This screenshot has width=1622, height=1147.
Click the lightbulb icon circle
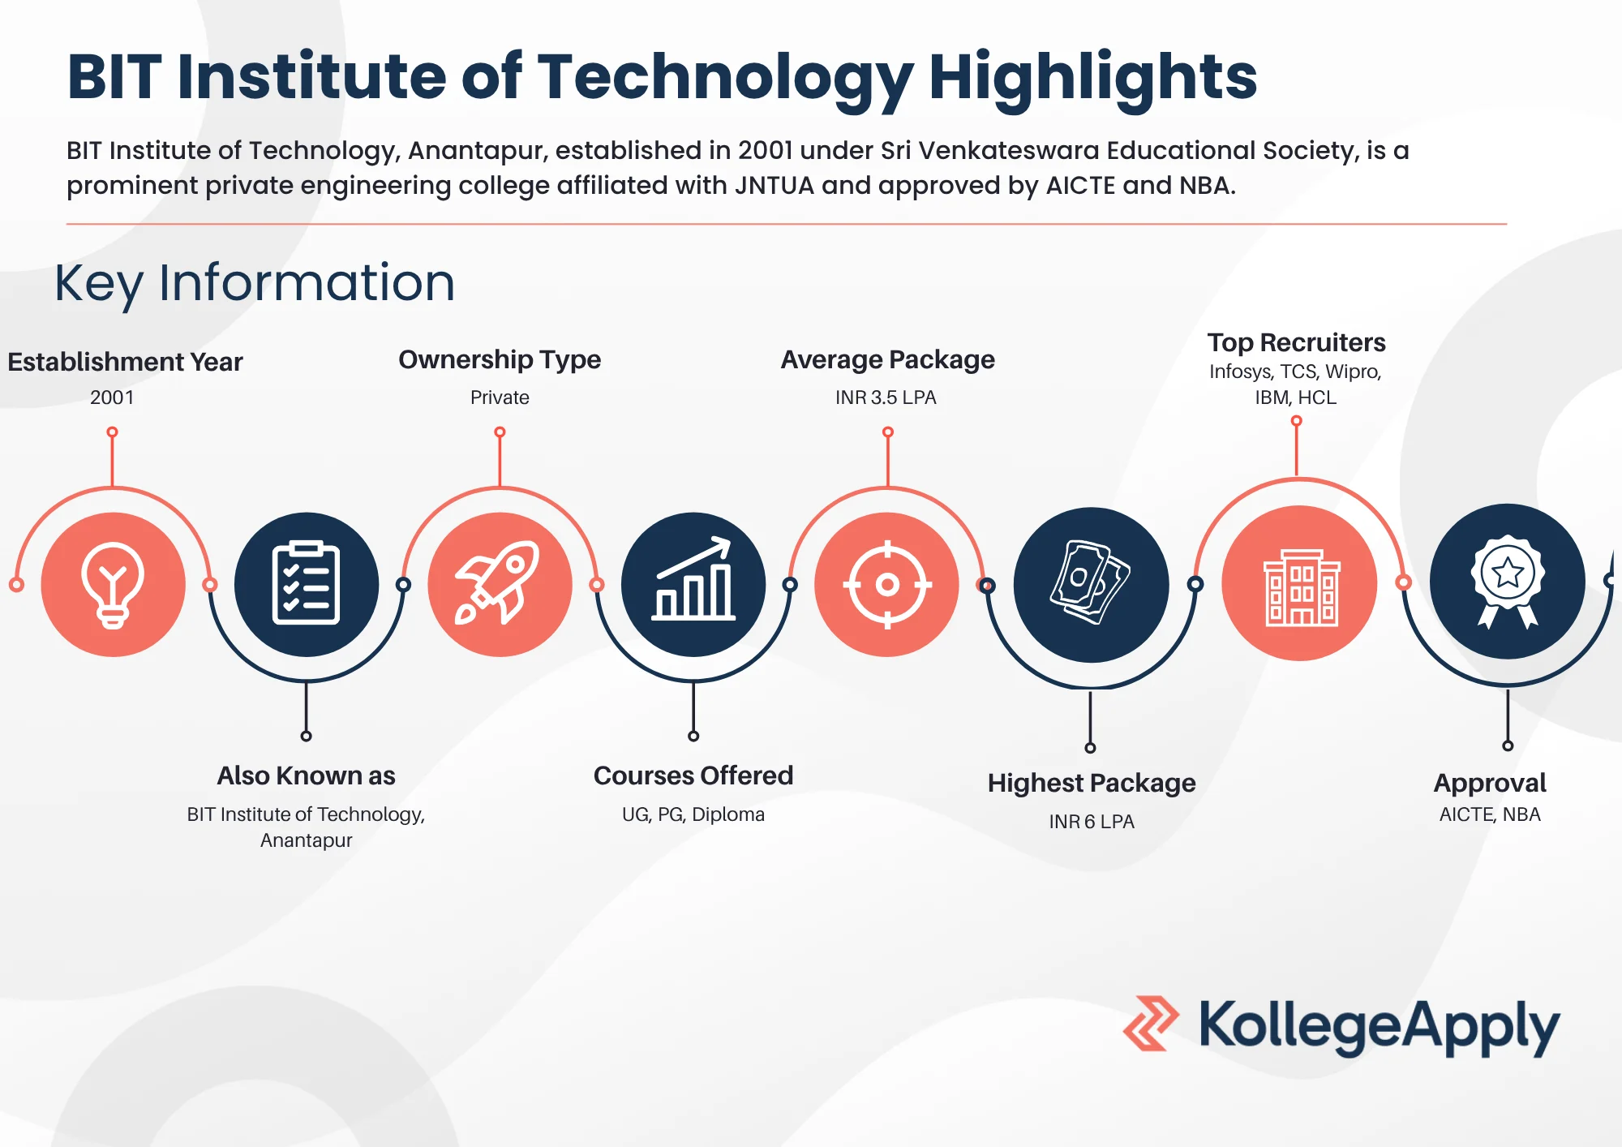tap(113, 584)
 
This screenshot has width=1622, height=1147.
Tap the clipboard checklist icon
tap(306, 584)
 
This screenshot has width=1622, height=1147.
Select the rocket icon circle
tap(500, 584)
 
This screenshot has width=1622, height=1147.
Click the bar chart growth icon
tap(693, 584)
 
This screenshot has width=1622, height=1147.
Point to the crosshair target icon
tap(886, 584)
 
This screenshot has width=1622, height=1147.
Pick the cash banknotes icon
tap(1091, 584)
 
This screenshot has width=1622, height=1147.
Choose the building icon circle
tap(1300, 583)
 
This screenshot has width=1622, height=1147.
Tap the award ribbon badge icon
tap(1507, 581)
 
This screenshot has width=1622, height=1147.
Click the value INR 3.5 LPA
tap(886, 397)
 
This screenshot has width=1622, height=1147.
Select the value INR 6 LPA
tap(1092, 822)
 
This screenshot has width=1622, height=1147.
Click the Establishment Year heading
tap(125, 362)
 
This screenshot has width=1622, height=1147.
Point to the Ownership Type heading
tap(500, 359)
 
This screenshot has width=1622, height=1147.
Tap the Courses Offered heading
tap(693, 775)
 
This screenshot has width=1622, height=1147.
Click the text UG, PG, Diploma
tap(693, 814)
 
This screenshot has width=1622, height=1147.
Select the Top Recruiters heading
tap(1296, 342)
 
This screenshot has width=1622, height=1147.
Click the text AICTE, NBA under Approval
tap(1490, 814)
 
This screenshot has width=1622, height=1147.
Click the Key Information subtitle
tap(255, 283)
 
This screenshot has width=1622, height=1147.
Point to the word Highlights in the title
tap(1092, 77)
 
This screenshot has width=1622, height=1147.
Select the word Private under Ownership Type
tap(500, 397)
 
